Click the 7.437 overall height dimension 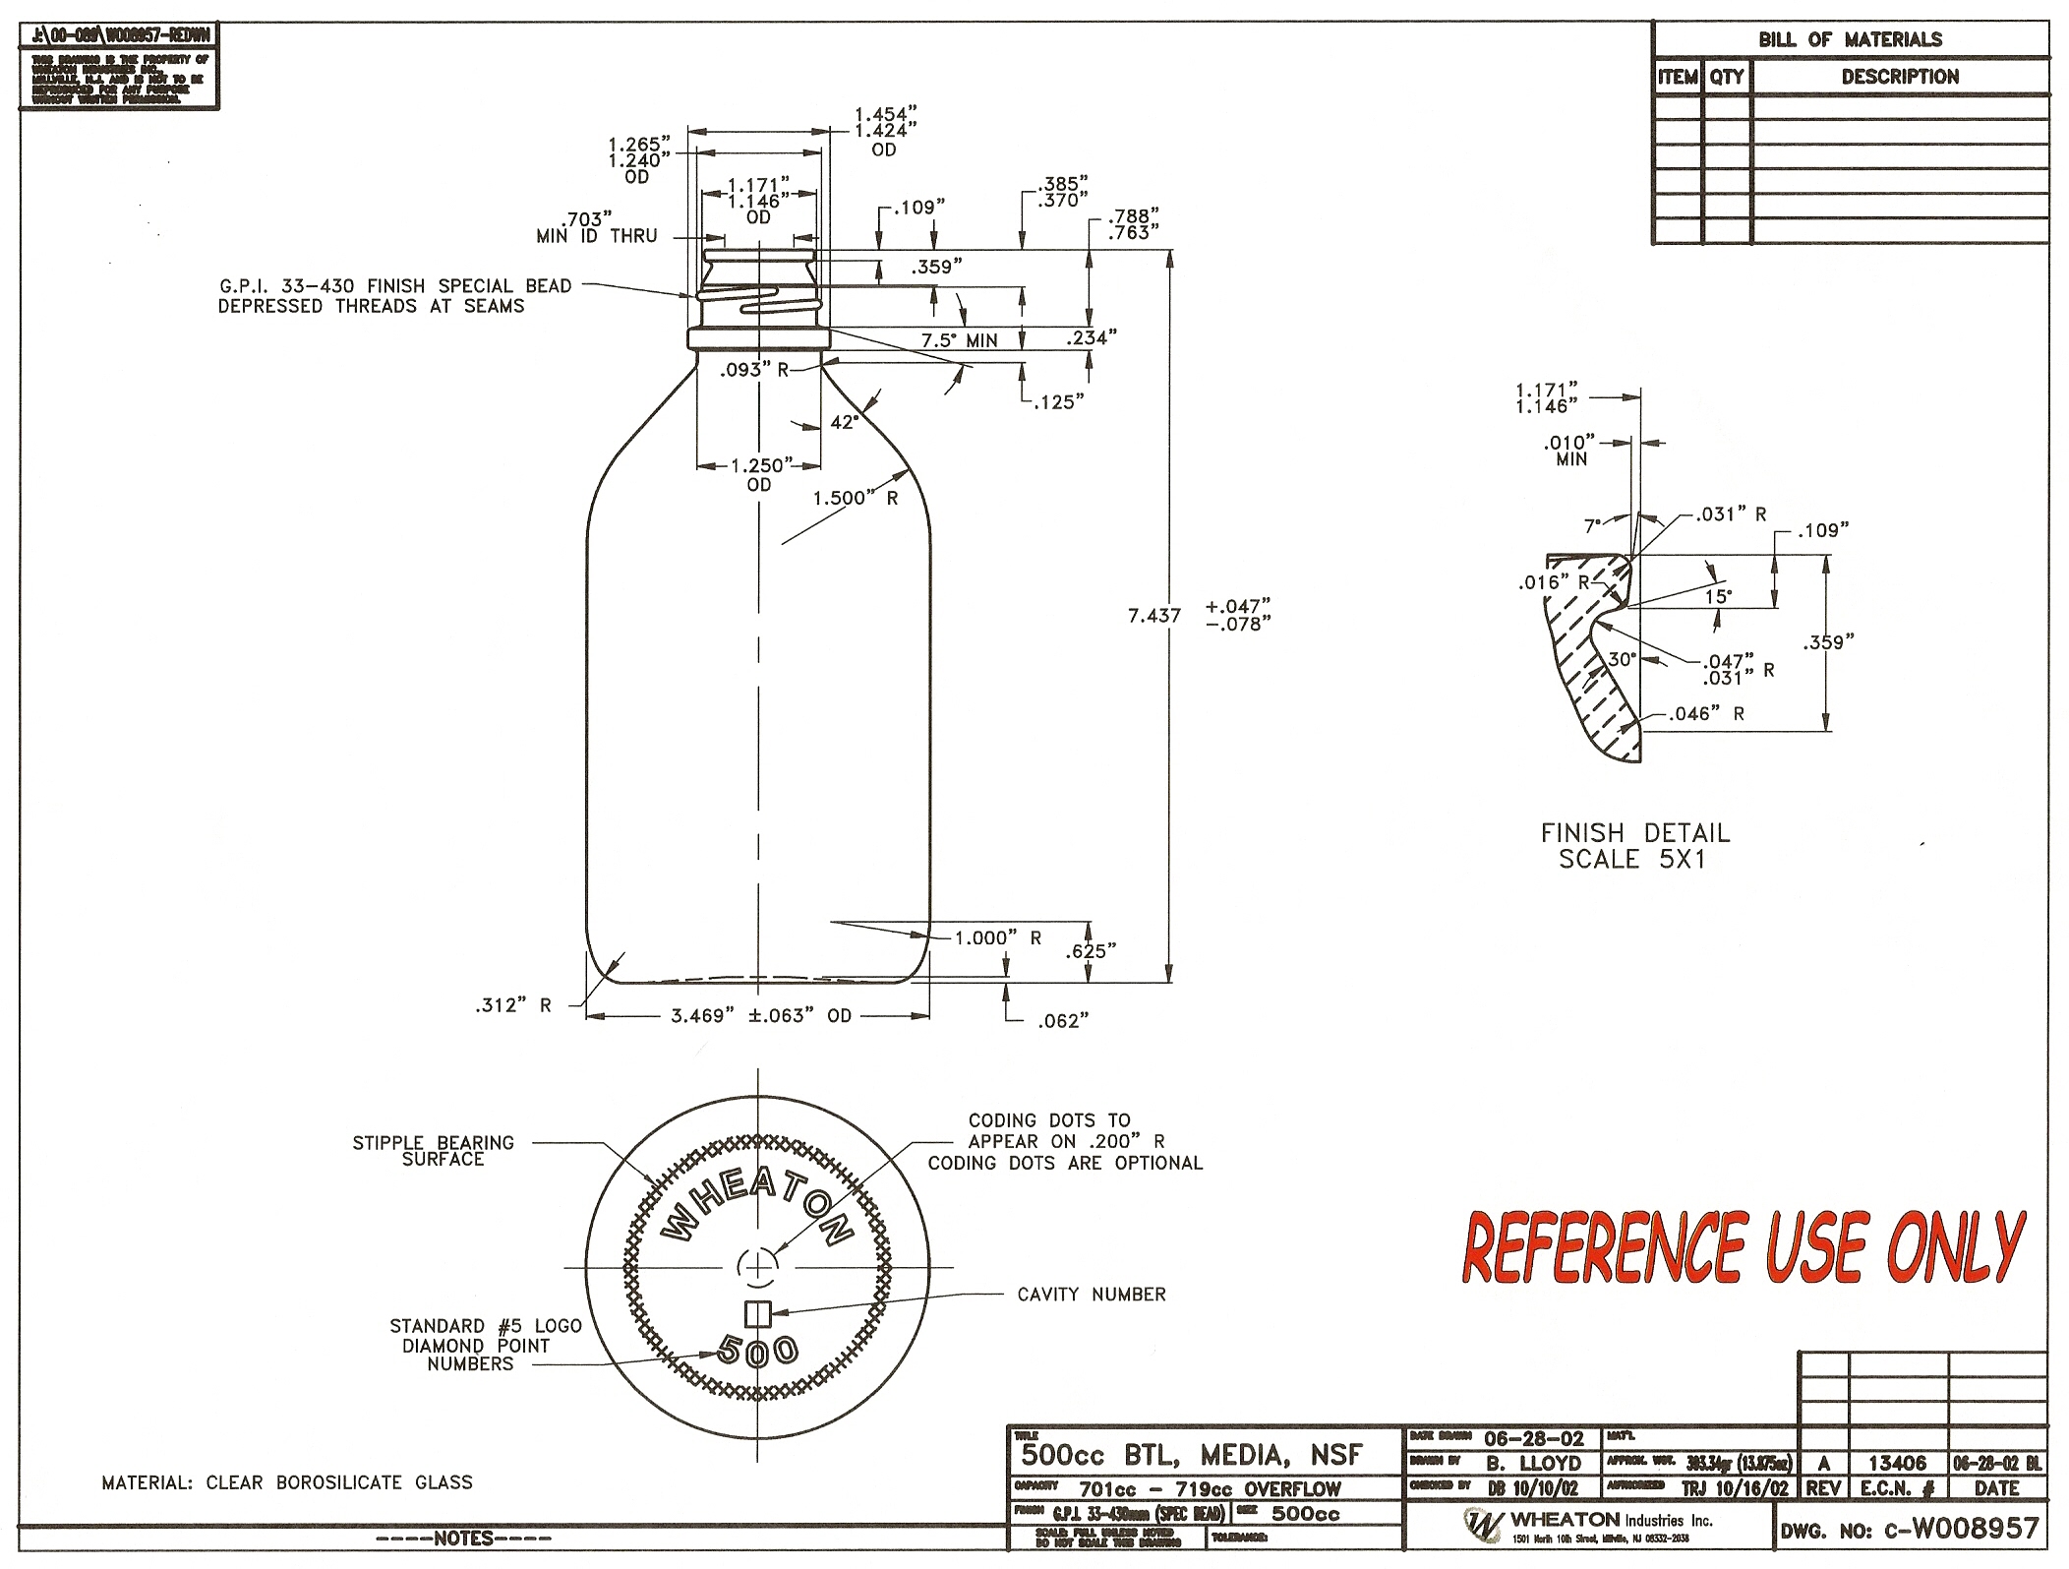pyautogui.click(x=1153, y=616)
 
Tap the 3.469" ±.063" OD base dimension pyautogui.click(x=760, y=1016)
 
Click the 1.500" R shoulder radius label pyautogui.click(x=855, y=498)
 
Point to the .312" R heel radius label pyautogui.click(x=513, y=1005)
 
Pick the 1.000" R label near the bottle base pyautogui.click(x=997, y=937)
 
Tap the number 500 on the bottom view pyautogui.click(x=757, y=1350)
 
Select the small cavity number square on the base pyautogui.click(x=757, y=1312)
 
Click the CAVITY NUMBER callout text pyautogui.click(x=1091, y=1295)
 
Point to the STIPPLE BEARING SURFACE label pyautogui.click(x=434, y=1151)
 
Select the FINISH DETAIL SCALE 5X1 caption pyautogui.click(x=1634, y=846)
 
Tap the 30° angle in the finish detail pyautogui.click(x=1621, y=660)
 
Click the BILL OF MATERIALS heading pyautogui.click(x=1850, y=39)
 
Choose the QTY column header pyautogui.click(x=1726, y=76)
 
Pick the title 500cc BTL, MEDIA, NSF pyautogui.click(x=1192, y=1454)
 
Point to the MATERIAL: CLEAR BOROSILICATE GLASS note pyautogui.click(x=287, y=1482)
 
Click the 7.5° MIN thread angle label pyautogui.click(x=959, y=340)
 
